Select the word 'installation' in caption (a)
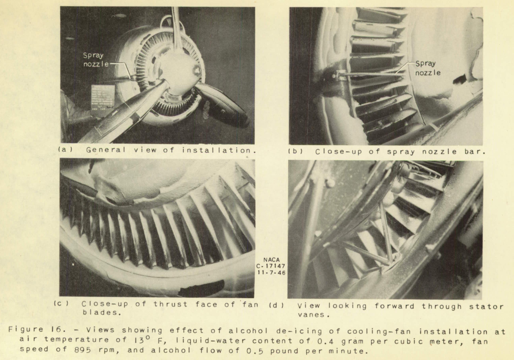click(x=216, y=150)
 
